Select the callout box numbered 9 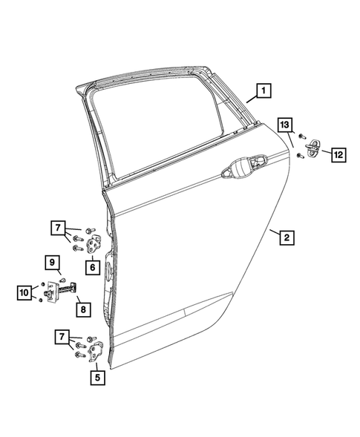point(53,261)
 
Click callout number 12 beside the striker point(337,154)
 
